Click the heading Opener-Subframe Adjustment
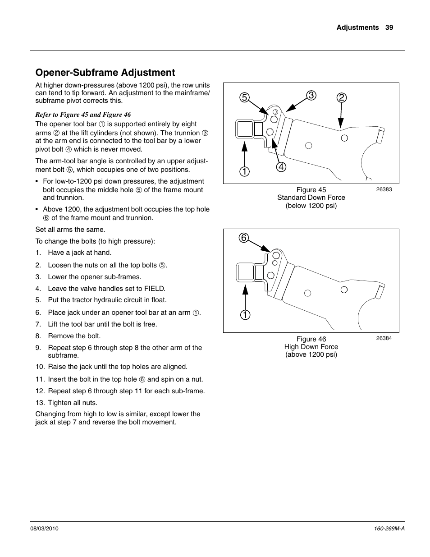point(105,73)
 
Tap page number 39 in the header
point(389,28)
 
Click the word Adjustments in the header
point(357,28)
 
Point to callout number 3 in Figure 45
point(311,95)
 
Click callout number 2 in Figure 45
point(341,98)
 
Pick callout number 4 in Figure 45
point(282,166)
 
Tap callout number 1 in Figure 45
point(244,171)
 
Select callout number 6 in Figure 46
point(244,238)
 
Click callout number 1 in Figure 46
point(244,315)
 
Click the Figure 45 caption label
point(311,190)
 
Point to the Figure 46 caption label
point(311,339)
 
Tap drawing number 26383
point(384,189)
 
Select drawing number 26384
point(384,338)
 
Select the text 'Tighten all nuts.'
point(72,403)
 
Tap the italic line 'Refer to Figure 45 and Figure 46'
point(83,115)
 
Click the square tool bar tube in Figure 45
point(245,129)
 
